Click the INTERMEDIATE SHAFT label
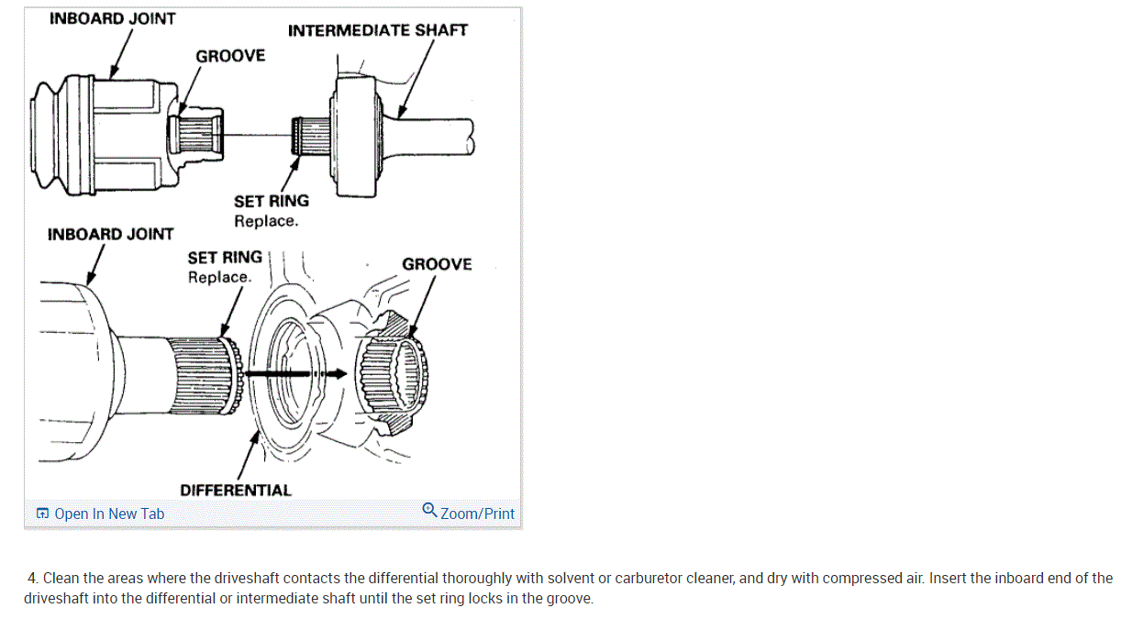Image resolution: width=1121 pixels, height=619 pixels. pyautogui.click(x=377, y=30)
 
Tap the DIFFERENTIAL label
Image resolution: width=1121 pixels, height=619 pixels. pyautogui.click(x=235, y=491)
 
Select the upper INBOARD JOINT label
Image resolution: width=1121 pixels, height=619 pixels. pyautogui.click(x=112, y=18)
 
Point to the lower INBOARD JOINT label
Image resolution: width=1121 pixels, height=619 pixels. pyautogui.click(x=110, y=235)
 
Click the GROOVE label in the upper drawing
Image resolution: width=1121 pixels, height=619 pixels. pyautogui.click(x=230, y=56)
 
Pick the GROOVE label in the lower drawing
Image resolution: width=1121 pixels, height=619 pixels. pyautogui.click(x=437, y=264)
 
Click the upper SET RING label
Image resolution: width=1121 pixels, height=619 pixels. pyautogui.click(x=272, y=201)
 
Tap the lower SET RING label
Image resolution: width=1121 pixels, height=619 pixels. pyautogui.click(x=225, y=258)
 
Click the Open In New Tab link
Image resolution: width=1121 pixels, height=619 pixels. pyautogui.click(x=109, y=514)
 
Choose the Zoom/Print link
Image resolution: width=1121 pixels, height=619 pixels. pyautogui.click(x=477, y=514)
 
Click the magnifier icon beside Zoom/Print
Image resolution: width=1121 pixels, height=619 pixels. pyautogui.click(x=429, y=510)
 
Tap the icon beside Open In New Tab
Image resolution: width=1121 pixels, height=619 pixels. pyautogui.click(x=42, y=514)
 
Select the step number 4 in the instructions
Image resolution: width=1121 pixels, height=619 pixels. pyautogui.click(x=33, y=579)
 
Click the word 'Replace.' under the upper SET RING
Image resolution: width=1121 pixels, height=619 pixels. pyautogui.click(x=266, y=221)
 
